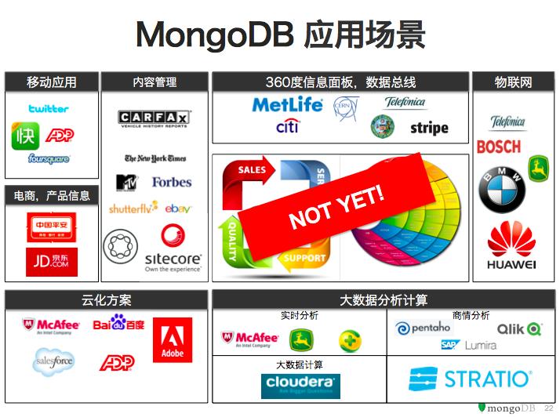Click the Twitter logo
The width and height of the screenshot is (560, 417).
(x=49, y=109)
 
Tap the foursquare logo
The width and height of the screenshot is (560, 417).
(x=49, y=159)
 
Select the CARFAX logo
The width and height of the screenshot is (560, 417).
(x=155, y=118)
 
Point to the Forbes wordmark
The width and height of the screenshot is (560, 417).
(x=172, y=182)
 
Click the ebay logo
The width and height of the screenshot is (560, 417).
(x=179, y=208)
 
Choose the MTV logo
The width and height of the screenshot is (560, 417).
(x=127, y=183)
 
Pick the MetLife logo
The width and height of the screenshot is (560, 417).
(x=287, y=105)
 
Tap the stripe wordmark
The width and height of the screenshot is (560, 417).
(x=429, y=128)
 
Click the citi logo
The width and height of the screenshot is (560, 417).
(x=287, y=126)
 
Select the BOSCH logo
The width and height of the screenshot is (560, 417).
(x=499, y=147)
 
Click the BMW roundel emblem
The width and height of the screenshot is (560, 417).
(x=502, y=190)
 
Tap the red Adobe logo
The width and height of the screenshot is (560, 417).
(x=173, y=339)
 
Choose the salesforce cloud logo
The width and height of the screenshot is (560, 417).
(x=53, y=361)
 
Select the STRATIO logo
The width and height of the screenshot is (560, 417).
(x=469, y=380)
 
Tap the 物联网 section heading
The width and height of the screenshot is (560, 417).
(x=513, y=82)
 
